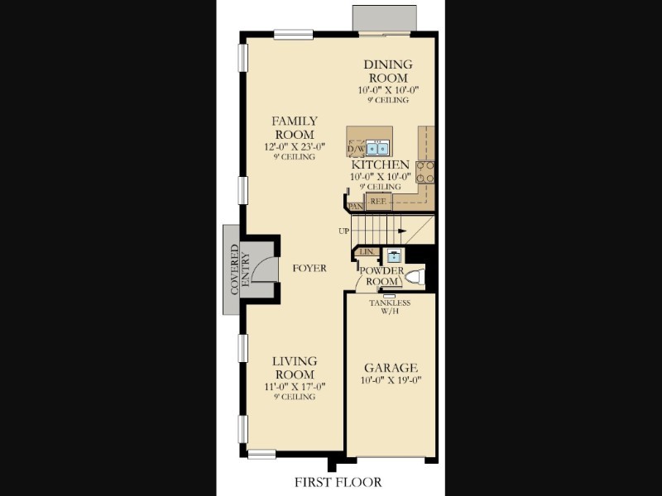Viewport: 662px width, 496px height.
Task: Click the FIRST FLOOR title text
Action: (x=338, y=482)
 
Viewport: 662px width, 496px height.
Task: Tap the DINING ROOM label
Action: (x=388, y=71)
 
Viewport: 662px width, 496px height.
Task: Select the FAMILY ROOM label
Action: (x=295, y=128)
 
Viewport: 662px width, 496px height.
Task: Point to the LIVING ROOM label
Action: (x=295, y=368)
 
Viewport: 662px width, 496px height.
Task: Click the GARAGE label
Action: (x=391, y=368)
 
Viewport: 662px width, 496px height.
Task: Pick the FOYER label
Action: (x=309, y=268)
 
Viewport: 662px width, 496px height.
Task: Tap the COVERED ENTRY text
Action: (x=240, y=270)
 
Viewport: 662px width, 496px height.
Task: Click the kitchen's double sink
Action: (x=377, y=148)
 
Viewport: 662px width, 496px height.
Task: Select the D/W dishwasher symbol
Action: (x=357, y=149)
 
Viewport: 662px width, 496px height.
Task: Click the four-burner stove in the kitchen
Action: (x=425, y=172)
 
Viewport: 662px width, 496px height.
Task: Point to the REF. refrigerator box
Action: (x=378, y=202)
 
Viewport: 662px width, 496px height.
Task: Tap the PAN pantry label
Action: (x=356, y=207)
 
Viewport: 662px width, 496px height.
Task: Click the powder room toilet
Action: (x=415, y=277)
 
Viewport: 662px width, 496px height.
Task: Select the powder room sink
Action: (x=394, y=256)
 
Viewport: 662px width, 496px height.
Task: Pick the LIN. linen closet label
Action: (x=367, y=252)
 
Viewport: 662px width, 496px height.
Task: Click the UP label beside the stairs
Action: (x=343, y=231)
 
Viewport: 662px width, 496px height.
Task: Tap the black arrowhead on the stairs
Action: (x=402, y=231)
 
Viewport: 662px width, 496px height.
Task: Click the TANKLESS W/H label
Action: (x=390, y=307)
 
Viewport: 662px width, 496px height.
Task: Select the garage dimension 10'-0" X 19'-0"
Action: (x=391, y=380)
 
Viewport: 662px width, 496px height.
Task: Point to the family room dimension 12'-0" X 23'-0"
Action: (x=295, y=147)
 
